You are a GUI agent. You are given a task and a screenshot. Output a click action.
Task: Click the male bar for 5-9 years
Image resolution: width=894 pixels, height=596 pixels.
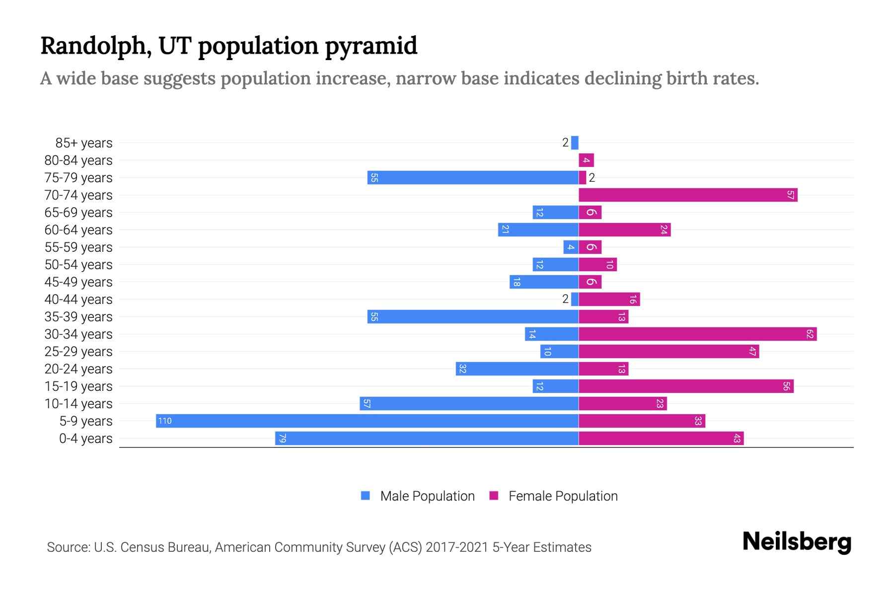[367, 421]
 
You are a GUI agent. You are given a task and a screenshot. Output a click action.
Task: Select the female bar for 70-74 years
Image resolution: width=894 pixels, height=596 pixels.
[688, 195]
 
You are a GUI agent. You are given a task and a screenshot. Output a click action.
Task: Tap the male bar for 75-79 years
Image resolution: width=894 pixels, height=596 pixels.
[473, 177]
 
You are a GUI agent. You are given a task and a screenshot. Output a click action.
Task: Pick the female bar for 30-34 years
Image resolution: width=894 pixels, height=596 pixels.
[697, 334]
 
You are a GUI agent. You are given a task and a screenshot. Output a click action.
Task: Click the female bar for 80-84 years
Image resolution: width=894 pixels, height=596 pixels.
[586, 160]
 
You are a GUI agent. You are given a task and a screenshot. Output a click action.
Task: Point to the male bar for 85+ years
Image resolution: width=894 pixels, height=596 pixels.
[575, 143]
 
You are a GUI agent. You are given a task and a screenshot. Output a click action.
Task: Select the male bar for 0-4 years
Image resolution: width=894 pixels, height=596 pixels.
[427, 438]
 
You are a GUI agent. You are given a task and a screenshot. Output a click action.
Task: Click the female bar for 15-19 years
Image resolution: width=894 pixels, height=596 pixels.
[686, 386]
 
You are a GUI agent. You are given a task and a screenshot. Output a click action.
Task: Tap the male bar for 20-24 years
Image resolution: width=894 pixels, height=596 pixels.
[517, 369]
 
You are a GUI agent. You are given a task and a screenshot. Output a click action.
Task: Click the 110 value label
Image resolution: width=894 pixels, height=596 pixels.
[164, 421]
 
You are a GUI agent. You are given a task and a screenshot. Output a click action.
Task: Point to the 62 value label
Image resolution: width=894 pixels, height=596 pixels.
[810, 334]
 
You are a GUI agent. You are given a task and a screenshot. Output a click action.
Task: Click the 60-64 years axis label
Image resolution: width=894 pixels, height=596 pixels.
[78, 230]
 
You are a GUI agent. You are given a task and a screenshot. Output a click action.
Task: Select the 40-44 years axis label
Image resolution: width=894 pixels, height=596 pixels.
[78, 299]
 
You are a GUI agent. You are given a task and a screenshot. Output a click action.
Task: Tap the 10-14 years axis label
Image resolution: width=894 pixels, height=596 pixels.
[78, 404]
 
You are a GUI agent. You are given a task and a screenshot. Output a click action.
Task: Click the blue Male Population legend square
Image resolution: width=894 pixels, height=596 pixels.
[366, 496]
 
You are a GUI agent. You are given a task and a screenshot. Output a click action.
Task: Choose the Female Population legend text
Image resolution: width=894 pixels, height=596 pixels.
[563, 496]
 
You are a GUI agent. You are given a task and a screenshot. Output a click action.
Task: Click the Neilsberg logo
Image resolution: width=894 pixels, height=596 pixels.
[797, 542]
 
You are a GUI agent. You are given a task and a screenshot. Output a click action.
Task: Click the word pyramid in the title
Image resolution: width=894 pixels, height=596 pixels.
[371, 46]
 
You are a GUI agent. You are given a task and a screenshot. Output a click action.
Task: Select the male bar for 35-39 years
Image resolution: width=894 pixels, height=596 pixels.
[473, 316]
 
